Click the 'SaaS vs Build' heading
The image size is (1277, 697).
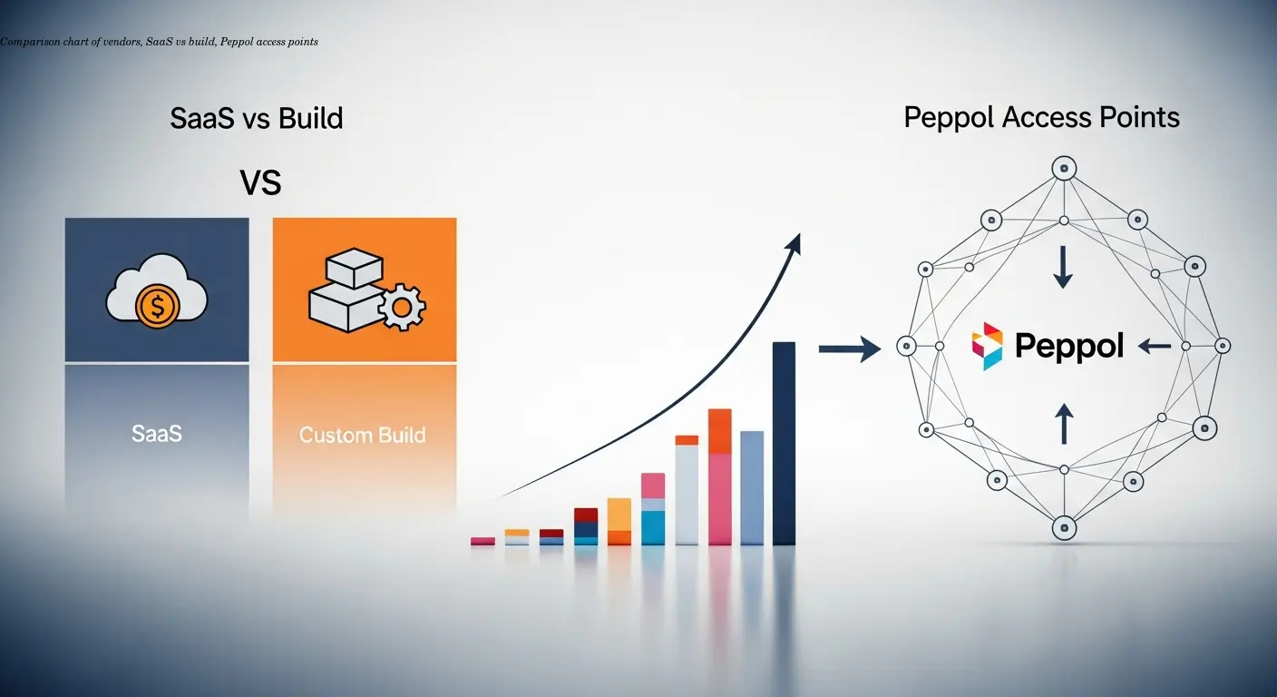tap(257, 118)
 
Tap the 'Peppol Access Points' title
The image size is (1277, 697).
tap(1042, 117)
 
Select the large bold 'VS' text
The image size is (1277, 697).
tap(260, 183)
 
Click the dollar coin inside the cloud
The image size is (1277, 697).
tap(156, 307)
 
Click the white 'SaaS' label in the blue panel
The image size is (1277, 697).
tap(157, 434)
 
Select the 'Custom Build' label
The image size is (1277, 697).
tap(363, 435)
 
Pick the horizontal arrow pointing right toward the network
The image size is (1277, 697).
tap(849, 348)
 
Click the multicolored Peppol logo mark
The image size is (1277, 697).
tap(987, 346)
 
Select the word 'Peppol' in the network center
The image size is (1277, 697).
tap(1069, 346)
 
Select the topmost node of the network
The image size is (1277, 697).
tap(1063, 168)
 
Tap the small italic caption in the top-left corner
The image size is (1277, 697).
tap(160, 42)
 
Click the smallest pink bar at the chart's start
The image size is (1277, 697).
tap(483, 541)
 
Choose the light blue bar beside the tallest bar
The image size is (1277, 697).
tap(752, 487)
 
